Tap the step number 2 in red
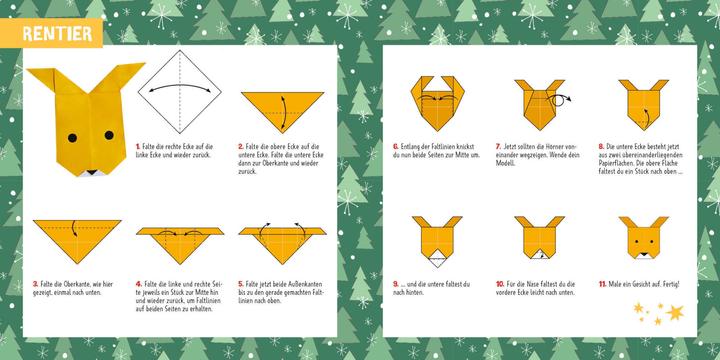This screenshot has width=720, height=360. coord(241,146)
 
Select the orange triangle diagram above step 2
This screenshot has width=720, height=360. coord(280,108)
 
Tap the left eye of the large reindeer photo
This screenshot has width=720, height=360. coord(71,136)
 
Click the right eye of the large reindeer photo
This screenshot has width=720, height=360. coord(109,136)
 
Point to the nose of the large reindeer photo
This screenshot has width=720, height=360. coord(90,173)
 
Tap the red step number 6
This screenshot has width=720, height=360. coord(395,146)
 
